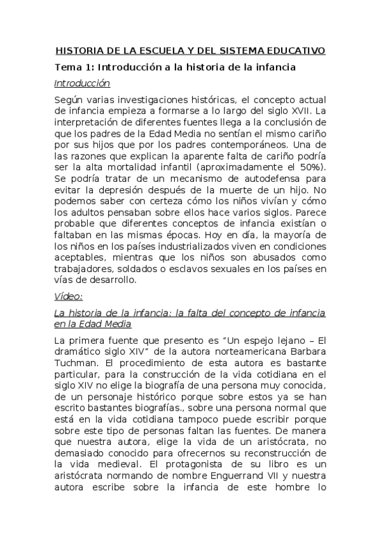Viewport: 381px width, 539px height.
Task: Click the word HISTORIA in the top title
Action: pyautogui.click(x=79, y=50)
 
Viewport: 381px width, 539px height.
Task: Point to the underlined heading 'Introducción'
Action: pyautogui.click(x=82, y=83)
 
